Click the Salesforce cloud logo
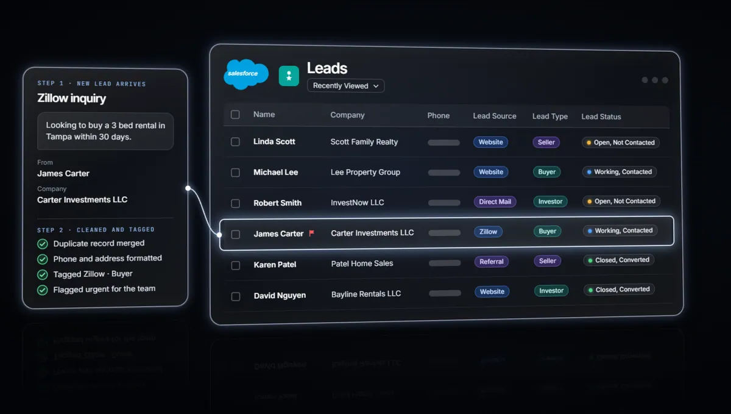[245, 74]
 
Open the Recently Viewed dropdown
[345, 85]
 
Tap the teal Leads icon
[289, 76]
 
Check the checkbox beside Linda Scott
[235, 142]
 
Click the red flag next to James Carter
[312, 233]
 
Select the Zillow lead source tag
[488, 232]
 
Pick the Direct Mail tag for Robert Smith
[495, 202]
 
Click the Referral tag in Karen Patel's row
[492, 262]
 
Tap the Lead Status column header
[601, 116]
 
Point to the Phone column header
[438, 116]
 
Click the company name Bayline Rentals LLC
[366, 294]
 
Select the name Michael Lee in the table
[276, 172]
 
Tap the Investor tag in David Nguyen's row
[551, 290]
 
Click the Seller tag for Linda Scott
[546, 142]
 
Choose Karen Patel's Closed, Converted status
[619, 260]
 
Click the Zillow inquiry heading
[71, 98]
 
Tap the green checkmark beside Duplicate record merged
[43, 244]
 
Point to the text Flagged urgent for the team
[104, 289]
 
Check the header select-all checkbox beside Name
[235, 115]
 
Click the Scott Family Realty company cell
[364, 142]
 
